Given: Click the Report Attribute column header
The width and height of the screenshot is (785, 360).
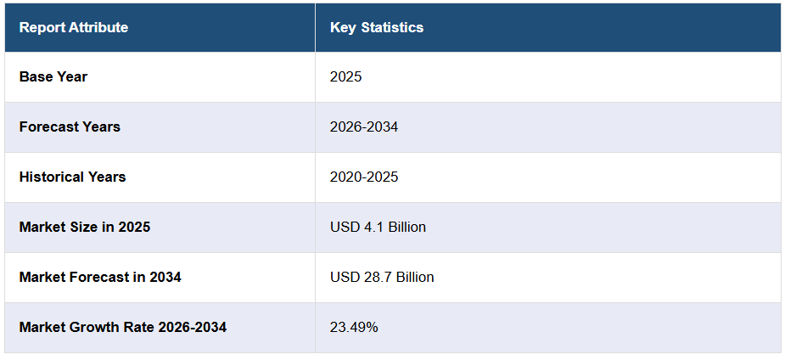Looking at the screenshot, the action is (x=74, y=27).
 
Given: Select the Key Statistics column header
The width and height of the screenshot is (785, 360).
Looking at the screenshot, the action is (x=377, y=27).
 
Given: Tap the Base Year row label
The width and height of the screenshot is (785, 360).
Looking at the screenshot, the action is (x=53, y=76).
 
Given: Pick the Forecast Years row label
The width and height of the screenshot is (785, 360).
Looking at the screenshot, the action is (x=70, y=127).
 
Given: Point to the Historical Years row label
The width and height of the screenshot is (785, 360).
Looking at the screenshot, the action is (x=73, y=177).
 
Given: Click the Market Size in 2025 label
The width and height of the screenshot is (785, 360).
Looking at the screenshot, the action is (x=85, y=227).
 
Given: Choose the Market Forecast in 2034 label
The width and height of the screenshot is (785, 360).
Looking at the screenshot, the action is (x=100, y=277).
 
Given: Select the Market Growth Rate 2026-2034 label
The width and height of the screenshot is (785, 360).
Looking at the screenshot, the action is (x=123, y=327).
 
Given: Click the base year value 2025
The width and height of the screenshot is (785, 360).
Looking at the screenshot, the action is (x=345, y=76).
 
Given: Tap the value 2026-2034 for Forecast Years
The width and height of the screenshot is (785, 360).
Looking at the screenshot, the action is (x=364, y=127).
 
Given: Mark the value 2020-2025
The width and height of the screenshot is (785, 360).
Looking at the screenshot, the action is (x=364, y=177).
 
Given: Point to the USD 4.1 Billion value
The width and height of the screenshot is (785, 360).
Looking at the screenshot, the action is (x=378, y=227).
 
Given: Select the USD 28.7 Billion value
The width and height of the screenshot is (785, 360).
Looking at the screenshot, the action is (x=382, y=277).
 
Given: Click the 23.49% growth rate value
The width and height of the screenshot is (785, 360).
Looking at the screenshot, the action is (x=354, y=327).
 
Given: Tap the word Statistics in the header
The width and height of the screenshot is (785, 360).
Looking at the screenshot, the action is (x=392, y=27).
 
